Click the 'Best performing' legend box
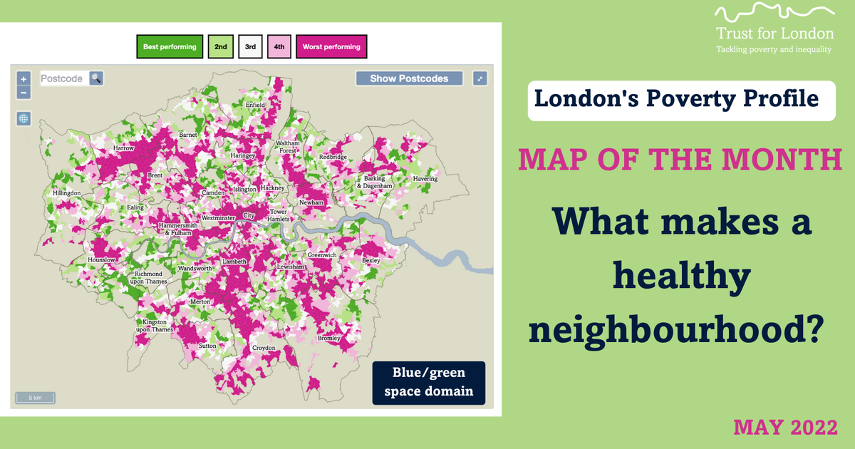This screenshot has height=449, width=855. (x=170, y=47)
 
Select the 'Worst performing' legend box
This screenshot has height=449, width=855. (x=331, y=47)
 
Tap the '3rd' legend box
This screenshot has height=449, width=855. (x=250, y=47)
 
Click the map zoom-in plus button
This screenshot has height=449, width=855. (x=24, y=79)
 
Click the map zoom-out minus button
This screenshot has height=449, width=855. (x=24, y=93)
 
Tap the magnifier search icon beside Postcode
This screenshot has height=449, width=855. (x=95, y=78)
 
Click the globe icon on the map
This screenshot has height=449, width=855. (x=24, y=118)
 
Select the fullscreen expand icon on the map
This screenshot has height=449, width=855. (x=480, y=78)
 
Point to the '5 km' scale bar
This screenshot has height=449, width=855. (x=35, y=398)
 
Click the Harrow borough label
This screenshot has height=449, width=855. (x=123, y=148)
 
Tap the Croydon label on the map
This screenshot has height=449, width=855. (x=264, y=348)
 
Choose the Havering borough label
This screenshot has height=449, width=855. (x=425, y=179)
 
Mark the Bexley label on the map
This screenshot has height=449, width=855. (x=370, y=261)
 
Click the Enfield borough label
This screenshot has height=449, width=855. (x=255, y=105)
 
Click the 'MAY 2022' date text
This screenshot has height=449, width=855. (x=784, y=428)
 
